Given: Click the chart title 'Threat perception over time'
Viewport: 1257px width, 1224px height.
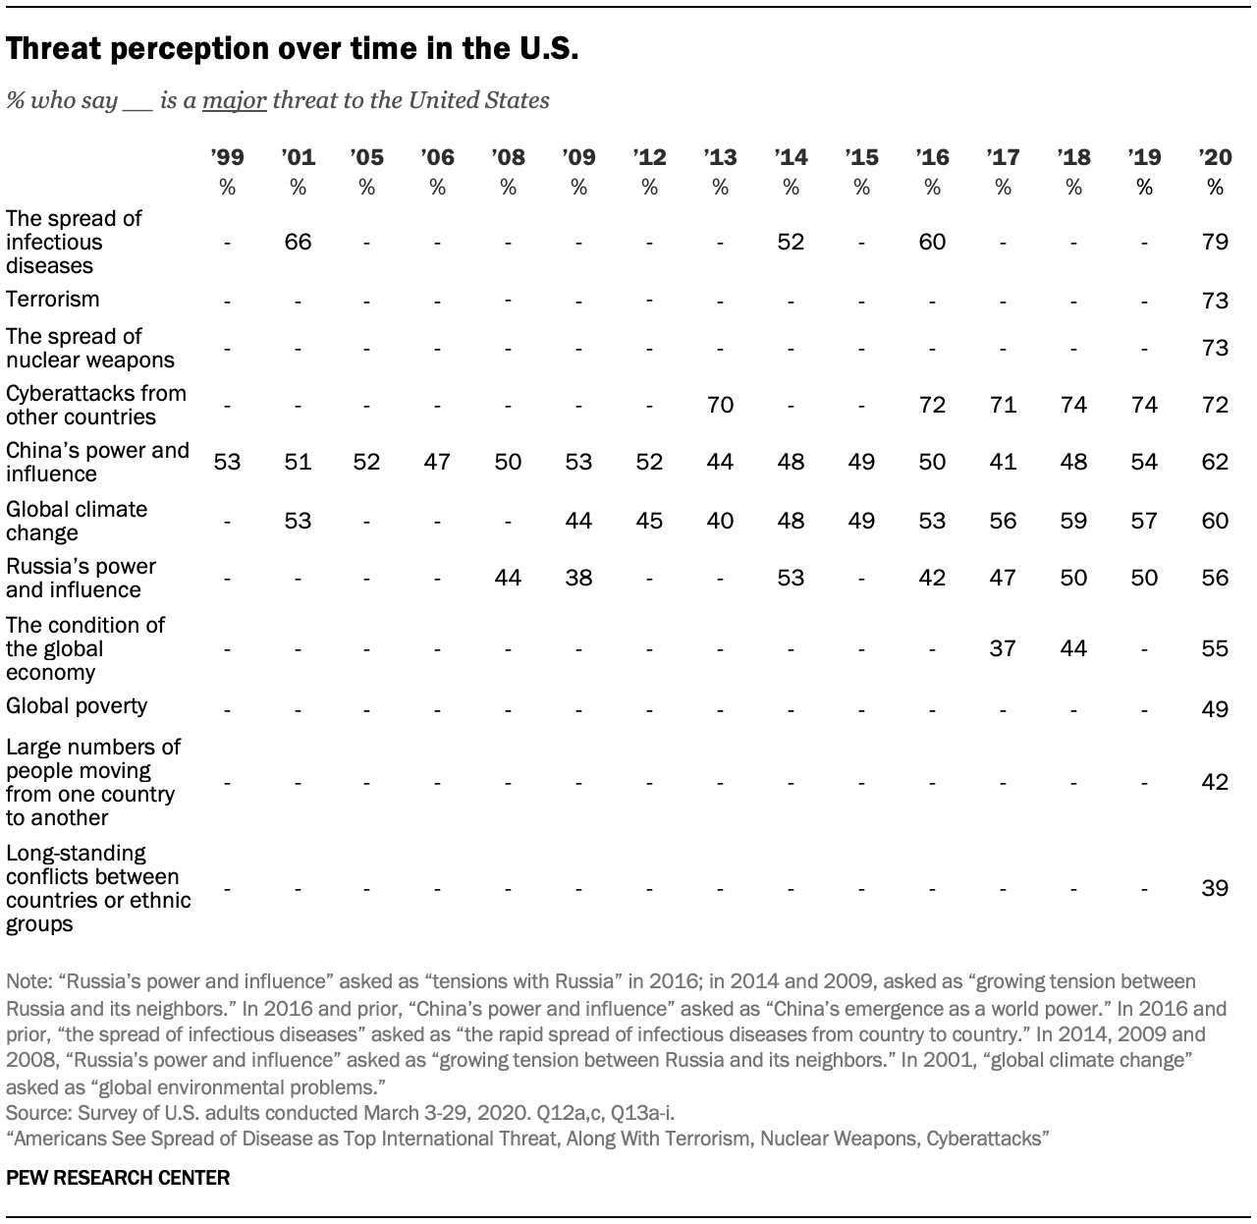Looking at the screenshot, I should click(292, 49).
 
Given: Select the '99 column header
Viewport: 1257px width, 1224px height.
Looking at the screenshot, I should click(227, 157).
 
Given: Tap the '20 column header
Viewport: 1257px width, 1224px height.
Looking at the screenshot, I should click(1215, 157).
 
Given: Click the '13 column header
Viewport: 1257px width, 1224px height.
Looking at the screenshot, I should click(720, 157).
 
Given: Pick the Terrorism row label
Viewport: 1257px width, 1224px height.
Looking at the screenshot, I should click(53, 300).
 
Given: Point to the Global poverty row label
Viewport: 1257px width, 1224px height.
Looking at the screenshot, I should click(77, 706).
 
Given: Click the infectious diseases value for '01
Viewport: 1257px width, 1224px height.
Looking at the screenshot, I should click(298, 242).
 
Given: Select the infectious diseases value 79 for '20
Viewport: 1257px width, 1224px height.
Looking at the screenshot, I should click(1215, 242).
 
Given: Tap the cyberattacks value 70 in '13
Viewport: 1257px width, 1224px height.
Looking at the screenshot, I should click(720, 405).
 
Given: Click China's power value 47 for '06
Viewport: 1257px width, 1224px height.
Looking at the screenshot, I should click(437, 462).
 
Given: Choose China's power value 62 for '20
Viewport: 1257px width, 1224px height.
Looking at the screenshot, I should click(1215, 462).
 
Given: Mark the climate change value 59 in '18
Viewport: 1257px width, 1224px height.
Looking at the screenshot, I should click(1073, 521).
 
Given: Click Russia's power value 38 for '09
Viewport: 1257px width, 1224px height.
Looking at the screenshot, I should click(578, 578).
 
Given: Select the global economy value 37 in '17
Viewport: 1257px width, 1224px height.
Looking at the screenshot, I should click(1003, 648).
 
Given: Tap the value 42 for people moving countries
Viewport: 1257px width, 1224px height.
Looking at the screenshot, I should click(1215, 782).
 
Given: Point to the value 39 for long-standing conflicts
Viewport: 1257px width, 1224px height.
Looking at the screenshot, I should click(1215, 888).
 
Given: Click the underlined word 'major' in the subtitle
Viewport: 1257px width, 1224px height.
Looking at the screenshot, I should click(235, 100).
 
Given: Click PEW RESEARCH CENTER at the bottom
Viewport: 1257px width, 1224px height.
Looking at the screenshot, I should click(118, 1177).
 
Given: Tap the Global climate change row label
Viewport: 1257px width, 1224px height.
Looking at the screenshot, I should click(77, 521).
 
